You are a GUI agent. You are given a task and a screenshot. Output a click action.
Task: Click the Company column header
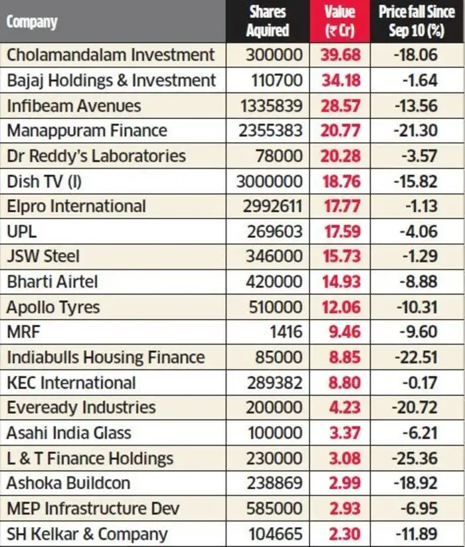coord(32,21)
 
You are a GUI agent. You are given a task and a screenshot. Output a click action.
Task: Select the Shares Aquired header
coord(267,21)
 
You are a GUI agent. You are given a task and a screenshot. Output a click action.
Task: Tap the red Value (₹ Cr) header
coord(339,21)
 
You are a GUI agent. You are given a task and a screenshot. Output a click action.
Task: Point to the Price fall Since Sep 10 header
coord(416,21)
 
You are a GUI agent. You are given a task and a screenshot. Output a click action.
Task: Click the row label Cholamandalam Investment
coord(111,55)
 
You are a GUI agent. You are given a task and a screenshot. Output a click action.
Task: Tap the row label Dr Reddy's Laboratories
coord(96,156)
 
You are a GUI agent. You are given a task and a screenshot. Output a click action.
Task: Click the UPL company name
coord(22,231)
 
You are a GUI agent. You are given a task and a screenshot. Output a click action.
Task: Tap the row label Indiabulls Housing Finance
coord(106,358)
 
